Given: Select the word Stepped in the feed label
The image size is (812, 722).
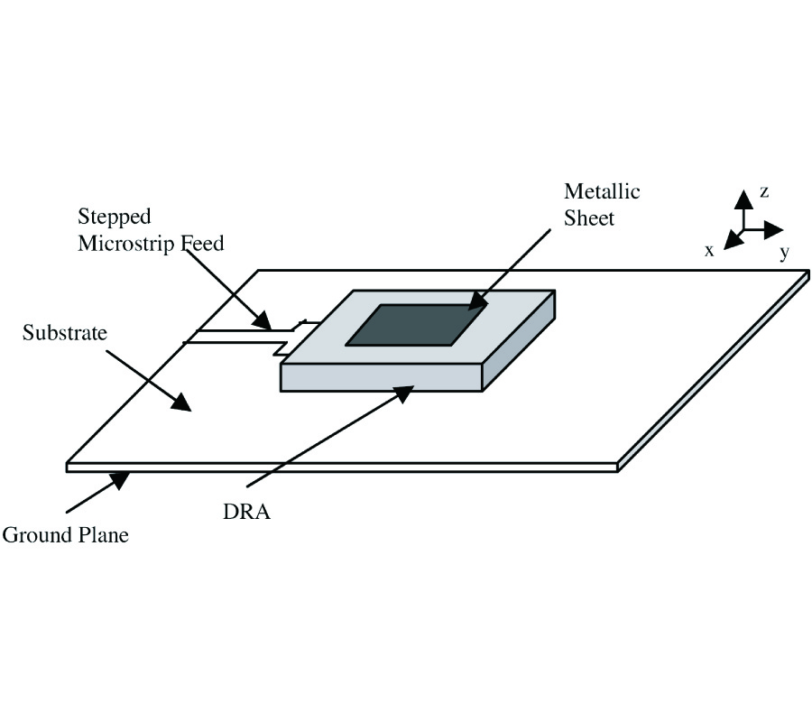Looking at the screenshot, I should click(x=114, y=218).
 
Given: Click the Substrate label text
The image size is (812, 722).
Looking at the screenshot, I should click(x=64, y=333).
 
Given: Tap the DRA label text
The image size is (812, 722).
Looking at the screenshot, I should click(x=246, y=512).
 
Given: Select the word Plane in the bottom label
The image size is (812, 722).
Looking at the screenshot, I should click(x=101, y=535).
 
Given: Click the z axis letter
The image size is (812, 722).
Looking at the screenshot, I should click(x=763, y=191).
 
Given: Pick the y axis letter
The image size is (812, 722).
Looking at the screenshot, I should click(x=784, y=254).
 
